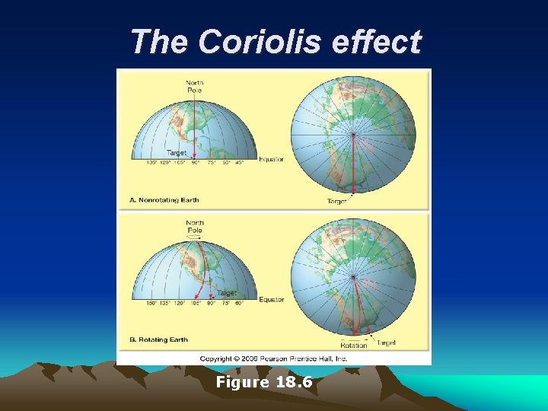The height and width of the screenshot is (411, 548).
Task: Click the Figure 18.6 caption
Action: [x=264, y=382]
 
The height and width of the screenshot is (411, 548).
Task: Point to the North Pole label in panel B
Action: [x=195, y=226]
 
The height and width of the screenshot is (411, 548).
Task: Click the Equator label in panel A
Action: [x=271, y=159]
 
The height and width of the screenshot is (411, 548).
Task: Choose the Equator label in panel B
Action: [x=271, y=299]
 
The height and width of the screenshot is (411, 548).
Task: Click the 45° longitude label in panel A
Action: [x=240, y=162]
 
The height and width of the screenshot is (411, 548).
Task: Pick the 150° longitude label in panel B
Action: [x=152, y=303]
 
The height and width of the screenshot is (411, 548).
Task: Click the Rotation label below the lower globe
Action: [x=353, y=345]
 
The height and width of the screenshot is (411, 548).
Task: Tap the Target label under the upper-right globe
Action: [x=336, y=201]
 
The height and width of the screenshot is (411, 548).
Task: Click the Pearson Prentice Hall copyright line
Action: [x=273, y=358]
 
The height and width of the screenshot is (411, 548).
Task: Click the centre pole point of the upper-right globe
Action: [x=353, y=135]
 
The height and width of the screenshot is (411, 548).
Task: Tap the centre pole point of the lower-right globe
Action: [x=353, y=276]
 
